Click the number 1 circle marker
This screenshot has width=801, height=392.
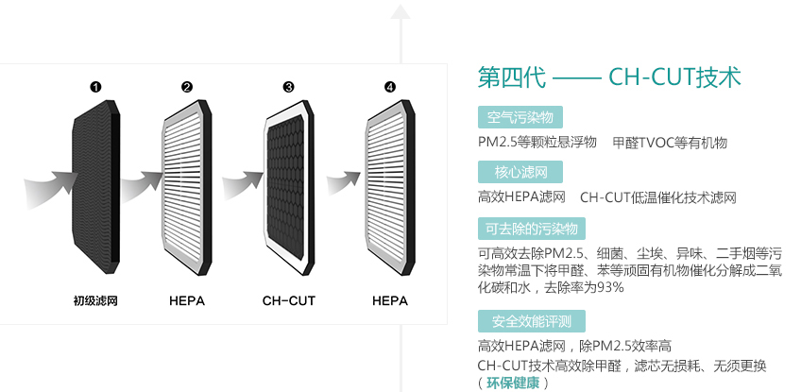[x=95, y=87]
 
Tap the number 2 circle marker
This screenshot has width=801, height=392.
[x=187, y=87]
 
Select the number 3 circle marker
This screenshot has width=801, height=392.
[x=289, y=87]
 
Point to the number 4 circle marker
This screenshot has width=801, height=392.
[x=390, y=87]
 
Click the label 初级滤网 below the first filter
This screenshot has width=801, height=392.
[x=95, y=301]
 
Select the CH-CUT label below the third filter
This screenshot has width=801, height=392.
[x=289, y=301]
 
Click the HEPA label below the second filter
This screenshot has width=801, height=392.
[x=187, y=301]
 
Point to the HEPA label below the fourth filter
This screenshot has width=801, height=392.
[x=390, y=301]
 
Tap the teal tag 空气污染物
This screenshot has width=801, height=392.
[x=520, y=118]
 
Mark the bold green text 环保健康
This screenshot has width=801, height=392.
[x=513, y=383]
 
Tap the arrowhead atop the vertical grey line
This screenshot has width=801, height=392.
[x=400, y=12]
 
